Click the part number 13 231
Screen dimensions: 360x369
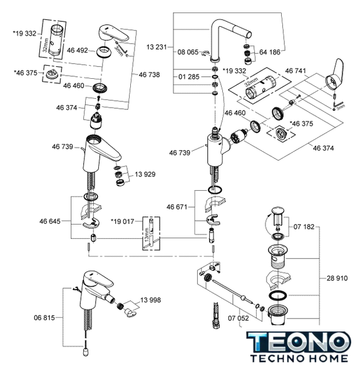pyautogui.click(x=157, y=47)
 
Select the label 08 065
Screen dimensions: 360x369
pyautogui.click(x=188, y=52)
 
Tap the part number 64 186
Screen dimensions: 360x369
pyautogui.click(x=270, y=52)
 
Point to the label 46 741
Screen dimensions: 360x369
pyautogui.click(x=296, y=71)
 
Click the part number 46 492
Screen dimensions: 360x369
pyautogui.click(x=77, y=51)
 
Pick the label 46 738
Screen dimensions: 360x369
pyautogui.click(x=149, y=74)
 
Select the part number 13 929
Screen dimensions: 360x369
pyautogui.click(x=145, y=174)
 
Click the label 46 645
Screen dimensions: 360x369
pyautogui.click(x=49, y=221)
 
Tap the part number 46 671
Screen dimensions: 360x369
pyautogui.click(x=177, y=207)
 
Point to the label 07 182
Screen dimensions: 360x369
pyautogui.click(x=304, y=227)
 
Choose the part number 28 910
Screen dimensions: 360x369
pyautogui.click(x=337, y=278)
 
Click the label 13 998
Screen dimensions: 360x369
pyautogui.click(x=150, y=300)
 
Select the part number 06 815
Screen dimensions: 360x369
pyautogui.click(x=44, y=318)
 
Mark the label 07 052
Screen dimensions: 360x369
pyautogui.click(x=238, y=318)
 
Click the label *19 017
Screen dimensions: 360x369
pyautogui.click(x=122, y=221)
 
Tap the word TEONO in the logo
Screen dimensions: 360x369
pyautogui.click(x=299, y=341)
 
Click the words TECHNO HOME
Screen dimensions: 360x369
pyautogui.click(x=299, y=358)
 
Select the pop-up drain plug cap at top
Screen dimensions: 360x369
pyautogui.click(x=278, y=211)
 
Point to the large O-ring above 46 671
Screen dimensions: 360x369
pyautogui.click(x=214, y=190)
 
